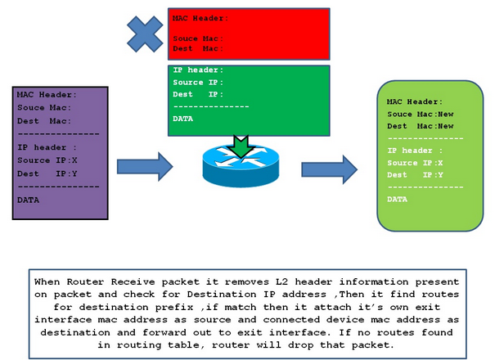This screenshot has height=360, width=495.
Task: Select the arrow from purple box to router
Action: (145, 167)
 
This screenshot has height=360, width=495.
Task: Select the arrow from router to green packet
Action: (329, 169)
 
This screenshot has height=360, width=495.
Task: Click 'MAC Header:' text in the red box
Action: (200, 17)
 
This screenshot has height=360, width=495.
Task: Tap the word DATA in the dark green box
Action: (184, 119)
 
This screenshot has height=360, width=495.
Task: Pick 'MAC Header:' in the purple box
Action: (47, 95)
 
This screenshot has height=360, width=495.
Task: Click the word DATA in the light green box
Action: (398, 199)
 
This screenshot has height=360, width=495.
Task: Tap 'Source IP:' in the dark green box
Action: (197, 82)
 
